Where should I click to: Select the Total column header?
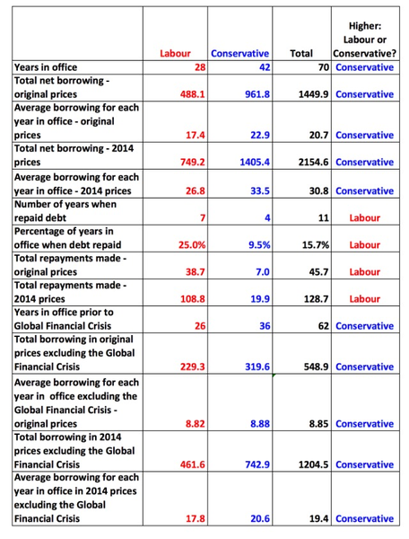(301, 54)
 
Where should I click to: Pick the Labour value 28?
(200, 67)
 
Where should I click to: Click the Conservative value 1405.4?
(253, 163)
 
